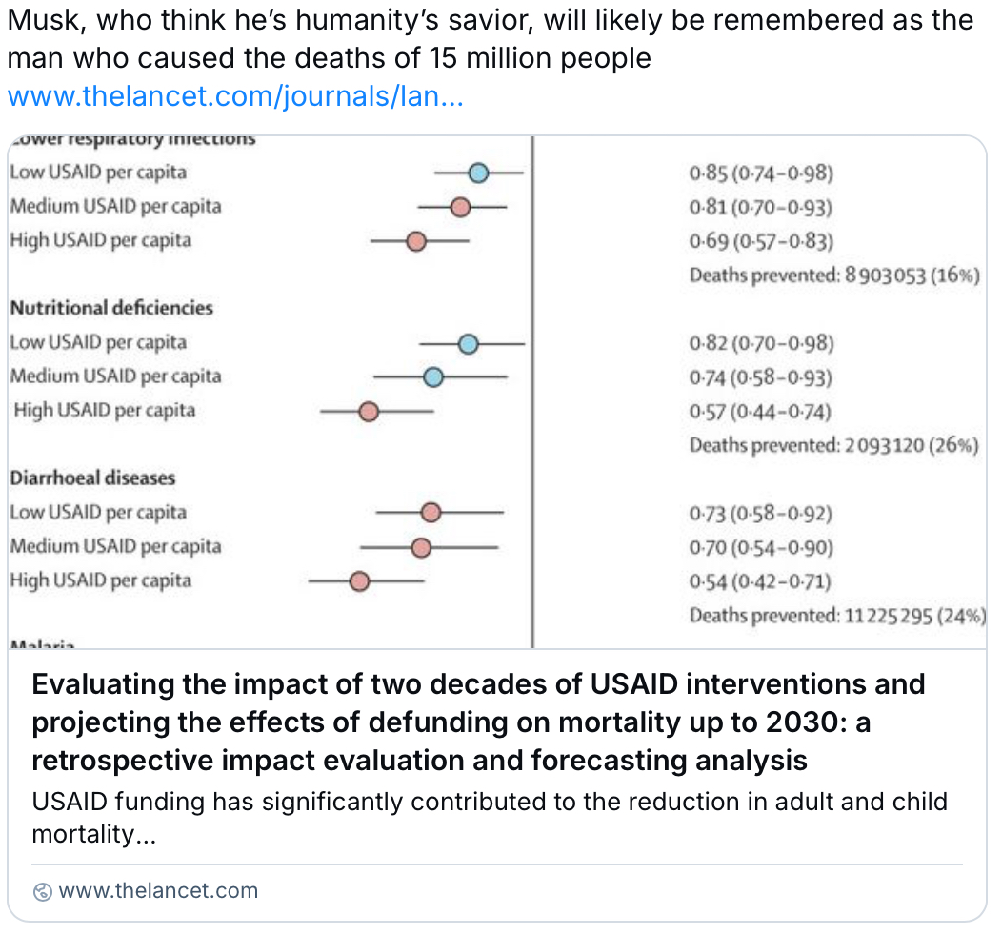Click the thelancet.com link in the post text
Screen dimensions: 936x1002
[x=235, y=97]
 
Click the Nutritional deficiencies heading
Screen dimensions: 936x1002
[x=111, y=308]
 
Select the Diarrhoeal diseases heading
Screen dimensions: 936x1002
[x=92, y=478]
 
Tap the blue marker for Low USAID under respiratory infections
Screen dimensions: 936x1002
[x=479, y=173]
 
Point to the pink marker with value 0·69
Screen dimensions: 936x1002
[x=416, y=241]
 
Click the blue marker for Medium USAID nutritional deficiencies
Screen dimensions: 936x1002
[x=433, y=377]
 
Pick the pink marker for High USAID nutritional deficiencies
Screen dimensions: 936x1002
[x=369, y=412]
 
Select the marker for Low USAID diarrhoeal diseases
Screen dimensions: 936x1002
[x=431, y=513]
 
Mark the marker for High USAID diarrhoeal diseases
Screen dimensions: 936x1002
[x=359, y=581]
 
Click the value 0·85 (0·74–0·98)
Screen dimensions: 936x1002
[x=761, y=173]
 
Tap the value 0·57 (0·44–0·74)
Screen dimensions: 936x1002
[x=760, y=412]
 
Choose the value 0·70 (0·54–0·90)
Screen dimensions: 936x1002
[x=761, y=547]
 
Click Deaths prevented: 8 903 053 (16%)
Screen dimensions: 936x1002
[x=834, y=275]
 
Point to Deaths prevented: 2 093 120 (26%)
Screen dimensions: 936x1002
[x=834, y=445]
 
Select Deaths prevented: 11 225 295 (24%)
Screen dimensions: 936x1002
[x=837, y=616]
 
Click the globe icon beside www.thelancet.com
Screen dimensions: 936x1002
[x=42, y=892]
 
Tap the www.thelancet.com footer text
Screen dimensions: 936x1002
[x=158, y=891]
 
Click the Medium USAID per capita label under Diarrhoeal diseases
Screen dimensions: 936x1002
[x=115, y=547]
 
